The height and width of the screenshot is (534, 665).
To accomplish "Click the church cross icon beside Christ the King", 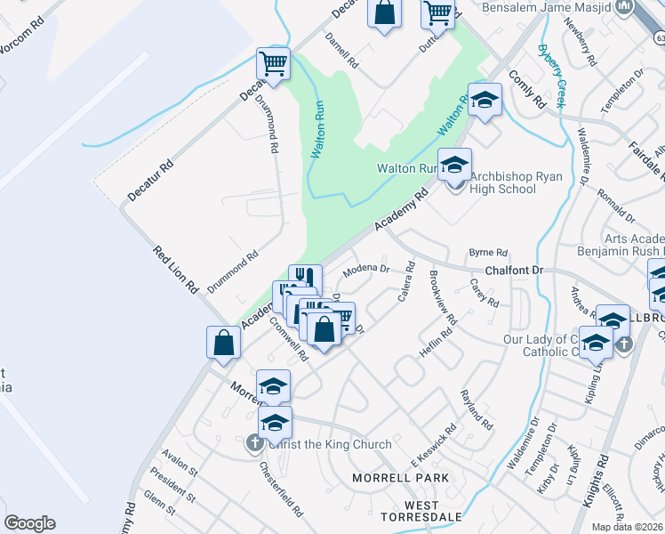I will click(253, 442).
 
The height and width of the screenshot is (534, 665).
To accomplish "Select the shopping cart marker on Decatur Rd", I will click(274, 64).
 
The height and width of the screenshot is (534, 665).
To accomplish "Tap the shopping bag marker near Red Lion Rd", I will click(223, 343).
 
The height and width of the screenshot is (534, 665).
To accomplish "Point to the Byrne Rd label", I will click(487, 253).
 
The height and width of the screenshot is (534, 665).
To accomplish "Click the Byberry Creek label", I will click(550, 76).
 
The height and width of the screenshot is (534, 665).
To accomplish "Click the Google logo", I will click(29, 523).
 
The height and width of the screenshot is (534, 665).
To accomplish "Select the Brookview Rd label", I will click(442, 297).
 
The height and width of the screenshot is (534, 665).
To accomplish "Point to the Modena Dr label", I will click(367, 268).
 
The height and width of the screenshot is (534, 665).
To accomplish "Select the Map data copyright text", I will click(628, 527).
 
